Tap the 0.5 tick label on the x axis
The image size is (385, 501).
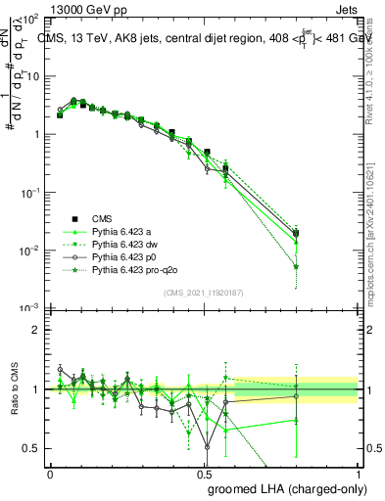pyautogui.click(x=205, y=473)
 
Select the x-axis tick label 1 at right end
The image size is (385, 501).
pyautogui.click(x=359, y=473)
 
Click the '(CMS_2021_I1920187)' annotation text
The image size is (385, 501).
pyautogui.click(x=204, y=293)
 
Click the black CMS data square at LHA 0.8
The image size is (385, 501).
pyautogui.click(x=297, y=233)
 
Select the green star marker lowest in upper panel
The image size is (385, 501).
pyautogui.click(x=297, y=266)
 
